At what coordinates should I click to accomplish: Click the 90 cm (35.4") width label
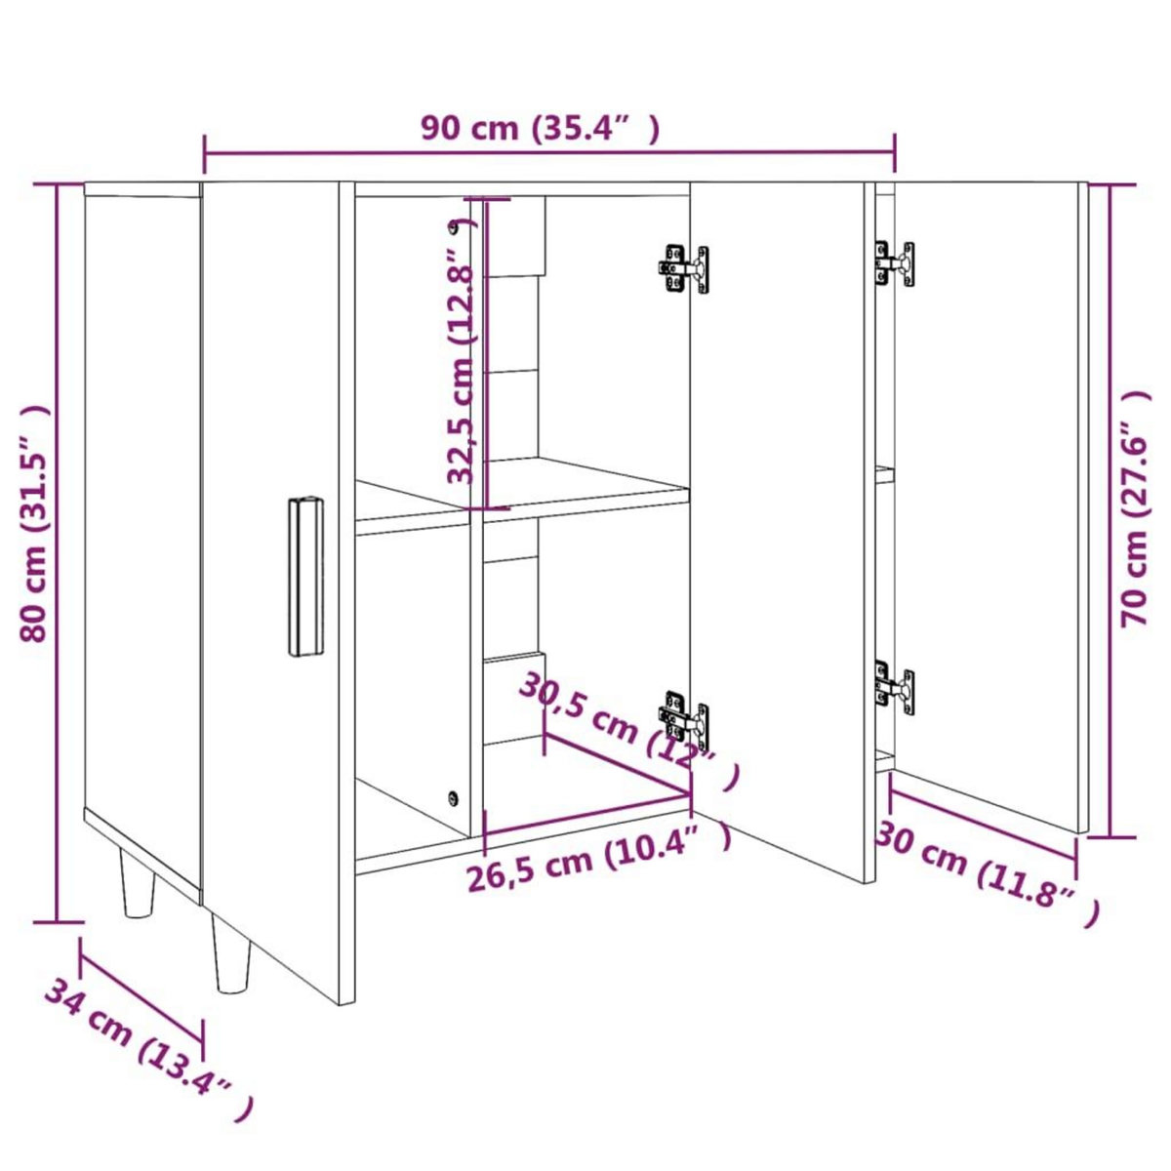tap(540, 128)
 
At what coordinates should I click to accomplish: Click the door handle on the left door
tap(305, 577)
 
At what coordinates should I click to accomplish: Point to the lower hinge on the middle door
tap(684, 718)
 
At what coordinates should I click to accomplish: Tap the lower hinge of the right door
tap(895, 687)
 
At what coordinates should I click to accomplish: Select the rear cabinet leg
tap(138, 882)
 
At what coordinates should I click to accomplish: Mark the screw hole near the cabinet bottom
tap(452, 797)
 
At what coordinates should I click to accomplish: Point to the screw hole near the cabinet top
tap(453, 228)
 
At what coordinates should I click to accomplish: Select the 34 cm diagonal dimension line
tap(141, 991)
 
